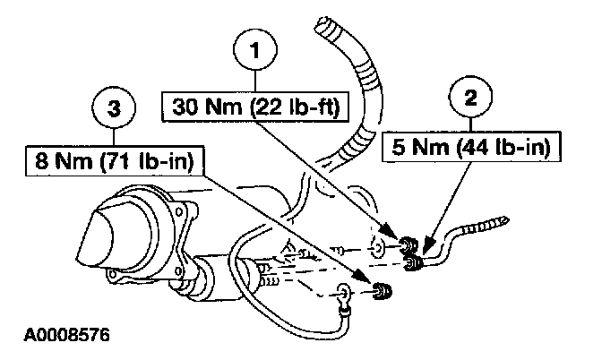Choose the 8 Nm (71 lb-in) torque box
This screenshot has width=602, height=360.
116,162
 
